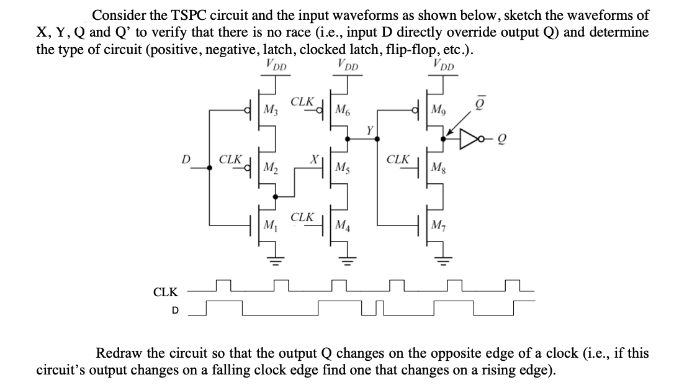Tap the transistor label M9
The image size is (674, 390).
pos(438,112)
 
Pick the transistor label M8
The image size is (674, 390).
pos(438,167)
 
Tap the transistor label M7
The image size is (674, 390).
pos(438,223)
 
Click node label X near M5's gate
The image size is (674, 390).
pos(315,158)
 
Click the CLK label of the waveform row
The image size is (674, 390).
pos(166,291)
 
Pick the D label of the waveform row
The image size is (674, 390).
pos(174,310)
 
